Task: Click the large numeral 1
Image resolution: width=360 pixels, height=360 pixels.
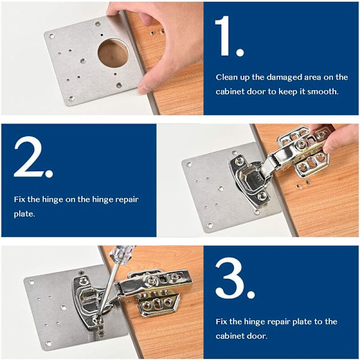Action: tap(223, 35)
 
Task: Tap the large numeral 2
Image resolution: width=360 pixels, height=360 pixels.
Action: tap(29, 157)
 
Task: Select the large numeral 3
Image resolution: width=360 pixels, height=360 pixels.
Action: tap(230, 278)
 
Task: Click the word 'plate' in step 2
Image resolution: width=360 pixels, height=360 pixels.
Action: tap(24, 214)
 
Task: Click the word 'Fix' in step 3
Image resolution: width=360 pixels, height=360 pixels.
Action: tap(221, 322)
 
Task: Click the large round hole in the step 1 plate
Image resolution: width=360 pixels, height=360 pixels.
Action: tap(113, 53)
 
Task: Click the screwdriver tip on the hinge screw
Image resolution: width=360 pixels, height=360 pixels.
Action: tap(97, 318)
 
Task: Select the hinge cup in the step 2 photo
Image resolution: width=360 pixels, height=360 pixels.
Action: tap(250, 179)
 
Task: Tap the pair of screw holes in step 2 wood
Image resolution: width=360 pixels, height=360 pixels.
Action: tap(304, 185)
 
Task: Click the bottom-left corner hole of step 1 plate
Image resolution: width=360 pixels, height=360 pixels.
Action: tap(71, 99)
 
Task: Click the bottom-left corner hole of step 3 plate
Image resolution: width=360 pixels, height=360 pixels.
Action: tap(49, 344)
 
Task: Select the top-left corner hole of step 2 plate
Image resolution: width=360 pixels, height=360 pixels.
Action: tap(189, 164)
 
